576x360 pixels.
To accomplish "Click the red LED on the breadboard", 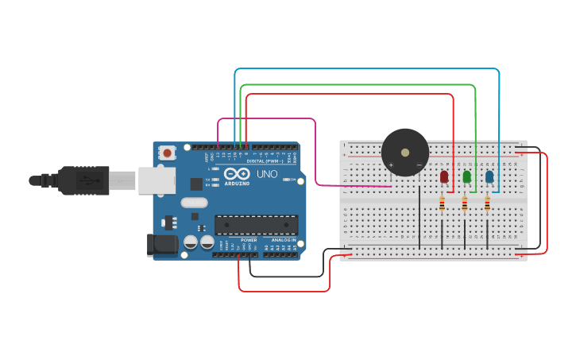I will pos(444,176).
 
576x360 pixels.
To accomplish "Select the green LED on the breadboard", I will pos(466,176).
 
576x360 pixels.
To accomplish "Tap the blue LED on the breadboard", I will pos(489,176).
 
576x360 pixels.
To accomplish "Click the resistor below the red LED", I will pos(442,204).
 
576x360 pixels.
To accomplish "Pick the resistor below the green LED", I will pos(465,204).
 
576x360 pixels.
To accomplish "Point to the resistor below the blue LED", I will pos(487,204).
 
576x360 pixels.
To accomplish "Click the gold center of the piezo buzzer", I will pos(405,152).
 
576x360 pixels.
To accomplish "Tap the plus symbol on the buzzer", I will pos(391,165).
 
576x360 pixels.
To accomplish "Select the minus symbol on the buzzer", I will pos(419,165).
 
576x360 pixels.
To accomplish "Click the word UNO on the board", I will pos(266,174).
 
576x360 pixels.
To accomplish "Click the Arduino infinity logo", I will pos(237,173).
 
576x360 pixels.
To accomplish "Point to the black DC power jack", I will pos(163,245).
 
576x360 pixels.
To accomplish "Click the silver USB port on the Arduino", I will pos(157,180).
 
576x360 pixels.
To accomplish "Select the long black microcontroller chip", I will pos(256,225).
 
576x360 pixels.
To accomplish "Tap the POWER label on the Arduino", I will pos(249,239).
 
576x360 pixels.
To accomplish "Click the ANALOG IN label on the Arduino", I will pos(284,239).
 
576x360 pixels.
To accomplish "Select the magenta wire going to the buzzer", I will pos(315,151).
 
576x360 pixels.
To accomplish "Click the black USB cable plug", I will pos(83,180).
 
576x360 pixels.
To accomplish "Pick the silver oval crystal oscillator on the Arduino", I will pos(194,203).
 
